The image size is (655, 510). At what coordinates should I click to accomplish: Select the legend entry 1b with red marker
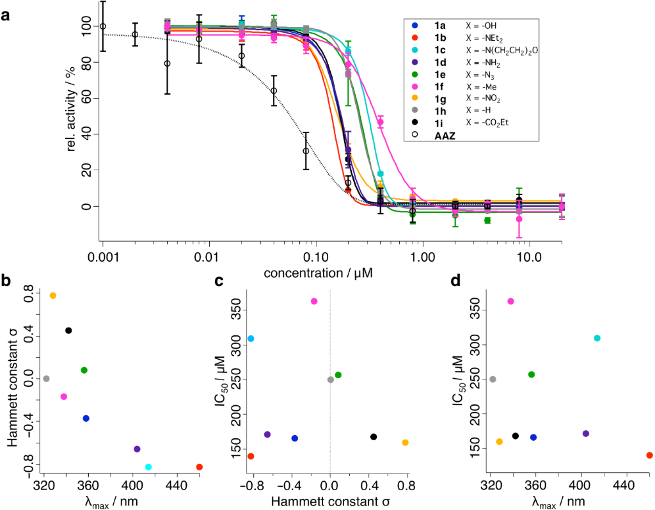pyautogui.click(x=423, y=38)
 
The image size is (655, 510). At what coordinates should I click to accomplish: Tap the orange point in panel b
pyautogui.click(x=53, y=296)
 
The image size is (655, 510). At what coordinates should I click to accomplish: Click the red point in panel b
pyautogui.click(x=199, y=467)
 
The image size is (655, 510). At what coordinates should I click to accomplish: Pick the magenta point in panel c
pyautogui.click(x=314, y=301)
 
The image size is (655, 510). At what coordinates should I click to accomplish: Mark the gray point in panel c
pyautogui.click(x=331, y=379)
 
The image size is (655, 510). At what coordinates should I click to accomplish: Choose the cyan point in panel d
pyautogui.click(x=597, y=338)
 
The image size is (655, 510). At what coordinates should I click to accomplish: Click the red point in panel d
pyautogui.click(x=649, y=455)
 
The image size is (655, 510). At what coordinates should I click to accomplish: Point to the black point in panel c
pyautogui.click(x=374, y=437)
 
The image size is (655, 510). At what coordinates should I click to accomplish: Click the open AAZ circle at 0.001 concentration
pyautogui.click(x=102, y=26)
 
